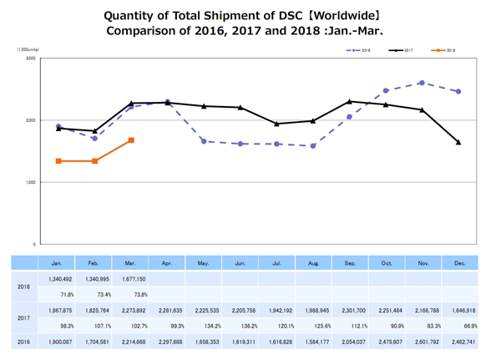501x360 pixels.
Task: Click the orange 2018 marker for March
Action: point(131,140)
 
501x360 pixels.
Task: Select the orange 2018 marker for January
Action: point(58,160)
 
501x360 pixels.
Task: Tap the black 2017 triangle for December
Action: point(458,142)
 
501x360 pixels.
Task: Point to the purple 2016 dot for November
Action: point(421,83)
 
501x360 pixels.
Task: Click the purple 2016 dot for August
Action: point(312,146)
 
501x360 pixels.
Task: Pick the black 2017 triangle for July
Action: point(276,124)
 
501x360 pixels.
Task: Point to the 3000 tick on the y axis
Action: point(29,58)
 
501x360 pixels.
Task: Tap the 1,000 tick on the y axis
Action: point(29,182)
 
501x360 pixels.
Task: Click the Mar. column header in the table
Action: point(130,263)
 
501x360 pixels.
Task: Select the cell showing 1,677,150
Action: point(130,280)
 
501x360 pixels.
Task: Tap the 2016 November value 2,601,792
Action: point(421,342)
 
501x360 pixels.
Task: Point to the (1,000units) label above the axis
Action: point(27,50)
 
